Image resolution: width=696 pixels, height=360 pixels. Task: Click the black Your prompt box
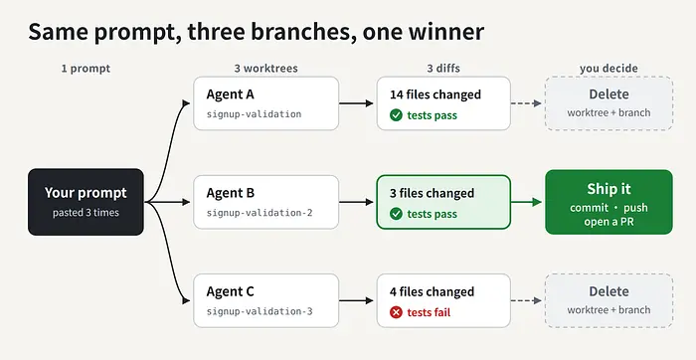86,202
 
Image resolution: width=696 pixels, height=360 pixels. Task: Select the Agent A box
265,103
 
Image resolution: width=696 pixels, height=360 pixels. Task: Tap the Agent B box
265,202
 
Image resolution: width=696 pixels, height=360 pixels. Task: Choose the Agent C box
265,300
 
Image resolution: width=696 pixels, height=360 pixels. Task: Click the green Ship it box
609,202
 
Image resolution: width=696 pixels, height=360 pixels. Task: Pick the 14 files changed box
443,103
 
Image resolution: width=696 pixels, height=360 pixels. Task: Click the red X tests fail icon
396,312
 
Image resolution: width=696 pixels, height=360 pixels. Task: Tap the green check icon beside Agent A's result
396,115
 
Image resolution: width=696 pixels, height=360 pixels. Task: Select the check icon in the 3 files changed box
396,214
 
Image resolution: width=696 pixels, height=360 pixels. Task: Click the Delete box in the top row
609,103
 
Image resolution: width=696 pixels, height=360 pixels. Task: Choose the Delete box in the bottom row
609,300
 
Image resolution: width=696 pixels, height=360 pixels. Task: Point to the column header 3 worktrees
265,69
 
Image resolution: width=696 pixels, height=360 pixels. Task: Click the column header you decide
609,69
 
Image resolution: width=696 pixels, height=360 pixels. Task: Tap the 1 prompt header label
86,69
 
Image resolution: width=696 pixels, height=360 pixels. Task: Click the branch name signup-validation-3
260,311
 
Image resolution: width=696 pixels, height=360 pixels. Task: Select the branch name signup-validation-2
260,213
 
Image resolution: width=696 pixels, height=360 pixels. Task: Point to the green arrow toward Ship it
526,202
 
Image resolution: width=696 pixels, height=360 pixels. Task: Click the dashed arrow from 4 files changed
526,300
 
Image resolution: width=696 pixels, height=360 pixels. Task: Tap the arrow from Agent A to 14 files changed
356,103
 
